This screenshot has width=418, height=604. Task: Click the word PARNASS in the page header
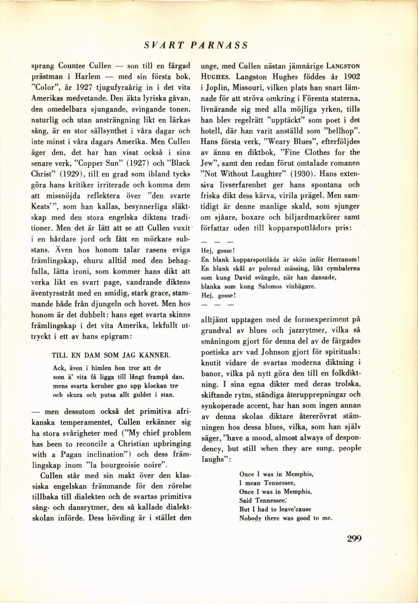click(x=220, y=45)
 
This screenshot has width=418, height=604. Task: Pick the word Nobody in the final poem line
click(x=251, y=518)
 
